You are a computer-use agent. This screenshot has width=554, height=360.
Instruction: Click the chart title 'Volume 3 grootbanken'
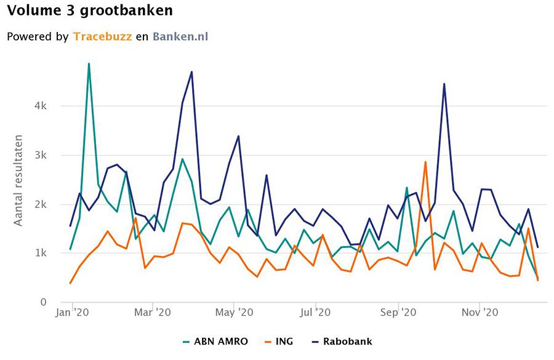(90, 10)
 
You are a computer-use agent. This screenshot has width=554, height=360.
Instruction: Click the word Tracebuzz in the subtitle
(102, 37)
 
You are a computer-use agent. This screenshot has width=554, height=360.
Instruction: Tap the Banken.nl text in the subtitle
(180, 37)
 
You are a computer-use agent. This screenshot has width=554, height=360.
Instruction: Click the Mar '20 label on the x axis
(152, 313)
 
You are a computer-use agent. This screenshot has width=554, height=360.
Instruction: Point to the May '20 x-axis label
(235, 313)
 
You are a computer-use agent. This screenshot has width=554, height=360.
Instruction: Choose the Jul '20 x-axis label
(316, 313)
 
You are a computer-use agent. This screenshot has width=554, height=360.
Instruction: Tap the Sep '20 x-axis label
(398, 313)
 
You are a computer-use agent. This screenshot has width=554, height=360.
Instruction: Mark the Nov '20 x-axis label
(480, 313)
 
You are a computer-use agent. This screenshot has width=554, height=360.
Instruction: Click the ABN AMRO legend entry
(215, 341)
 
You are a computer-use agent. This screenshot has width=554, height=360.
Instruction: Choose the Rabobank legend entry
(345, 341)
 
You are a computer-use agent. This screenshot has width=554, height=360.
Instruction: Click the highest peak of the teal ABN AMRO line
(89, 63)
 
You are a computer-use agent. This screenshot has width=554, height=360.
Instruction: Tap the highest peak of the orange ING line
(425, 162)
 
